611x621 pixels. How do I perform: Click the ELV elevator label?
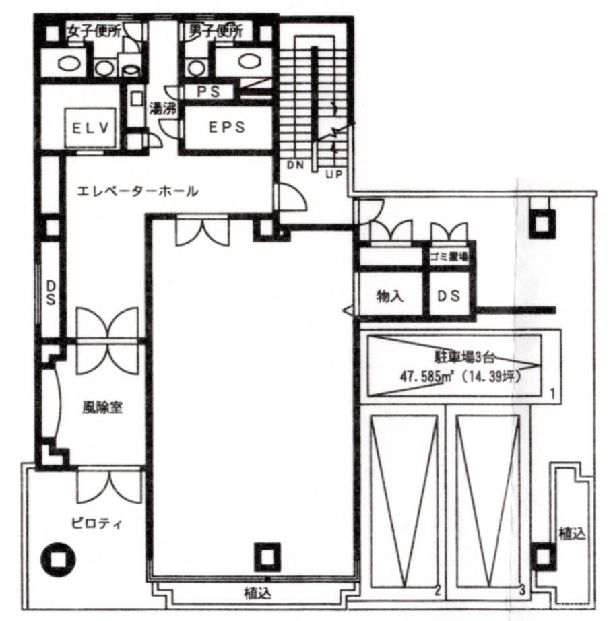coord(90,128)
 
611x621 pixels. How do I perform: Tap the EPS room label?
coord(227,127)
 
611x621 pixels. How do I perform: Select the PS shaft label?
coord(209,92)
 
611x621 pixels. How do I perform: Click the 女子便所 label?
coord(95,30)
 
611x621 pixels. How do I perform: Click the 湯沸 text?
coord(162,108)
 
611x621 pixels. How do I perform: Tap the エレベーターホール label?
coord(137,192)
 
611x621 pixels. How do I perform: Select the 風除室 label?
coord(102,407)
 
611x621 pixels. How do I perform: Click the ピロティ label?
coord(97,523)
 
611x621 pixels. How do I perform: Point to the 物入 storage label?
coord(390,296)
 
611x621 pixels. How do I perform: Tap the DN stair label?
coord(295,165)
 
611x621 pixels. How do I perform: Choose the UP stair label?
coord(333,174)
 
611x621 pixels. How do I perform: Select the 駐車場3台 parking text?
coord(462,358)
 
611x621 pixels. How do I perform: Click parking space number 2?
coord(437,591)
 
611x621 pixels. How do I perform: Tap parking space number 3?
coord(522,590)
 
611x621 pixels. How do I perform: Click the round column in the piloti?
coord(58,559)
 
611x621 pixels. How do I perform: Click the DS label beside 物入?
coord(449,296)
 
